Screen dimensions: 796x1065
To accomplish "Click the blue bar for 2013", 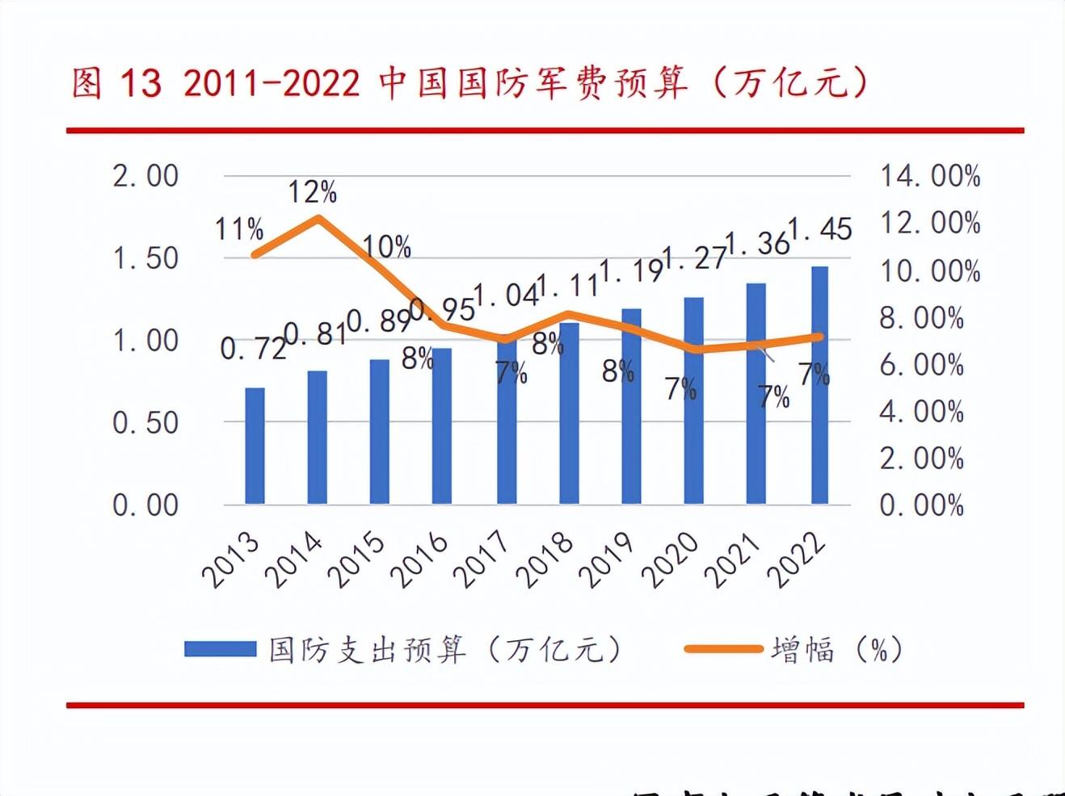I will click(x=255, y=446).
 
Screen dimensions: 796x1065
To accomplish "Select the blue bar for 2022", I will click(x=819, y=385).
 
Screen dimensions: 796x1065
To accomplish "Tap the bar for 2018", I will click(x=568, y=413).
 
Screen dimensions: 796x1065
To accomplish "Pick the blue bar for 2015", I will click(x=380, y=432).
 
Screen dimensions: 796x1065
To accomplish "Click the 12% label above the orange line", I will click(x=312, y=192).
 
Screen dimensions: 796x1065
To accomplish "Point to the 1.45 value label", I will click(x=821, y=229).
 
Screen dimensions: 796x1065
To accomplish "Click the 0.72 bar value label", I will click(x=253, y=348).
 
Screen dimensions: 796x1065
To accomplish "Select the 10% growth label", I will click(x=386, y=246).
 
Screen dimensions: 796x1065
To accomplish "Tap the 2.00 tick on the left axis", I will click(x=145, y=176).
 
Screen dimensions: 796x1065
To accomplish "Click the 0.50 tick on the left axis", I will click(x=145, y=422).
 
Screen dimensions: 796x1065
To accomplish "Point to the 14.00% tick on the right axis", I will click(x=930, y=176).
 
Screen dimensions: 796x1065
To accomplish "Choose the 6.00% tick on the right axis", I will click(x=922, y=365).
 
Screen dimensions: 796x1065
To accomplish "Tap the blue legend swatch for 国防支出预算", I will click(x=220, y=649).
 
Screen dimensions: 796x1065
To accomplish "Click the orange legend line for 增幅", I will click(x=723, y=649).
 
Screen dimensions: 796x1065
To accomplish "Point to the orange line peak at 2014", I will click(x=318, y=217).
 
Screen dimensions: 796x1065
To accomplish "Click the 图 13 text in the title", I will click(x=116, y=83).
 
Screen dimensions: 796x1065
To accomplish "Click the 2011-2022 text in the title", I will click(x=272, y=83).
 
